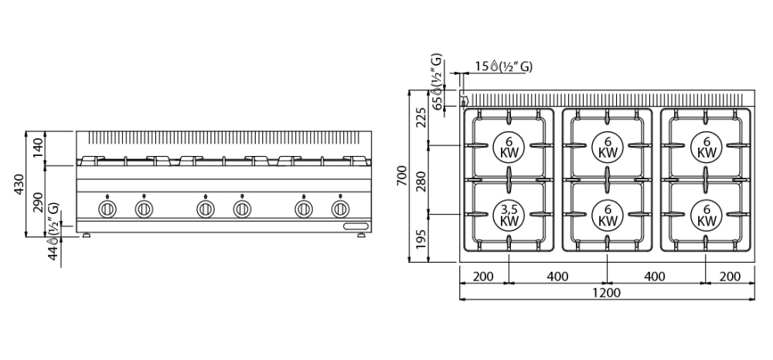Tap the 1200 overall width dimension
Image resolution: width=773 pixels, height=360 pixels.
606,293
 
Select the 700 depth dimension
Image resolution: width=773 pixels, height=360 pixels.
402,176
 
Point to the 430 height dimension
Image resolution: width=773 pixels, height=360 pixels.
19,184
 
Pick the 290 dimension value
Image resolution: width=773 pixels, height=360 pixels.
39,202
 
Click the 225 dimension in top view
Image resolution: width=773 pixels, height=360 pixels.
421,117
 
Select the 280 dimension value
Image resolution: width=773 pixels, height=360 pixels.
421,180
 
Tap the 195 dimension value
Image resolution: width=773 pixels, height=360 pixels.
421,239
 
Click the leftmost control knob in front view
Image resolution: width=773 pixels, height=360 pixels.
107,209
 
